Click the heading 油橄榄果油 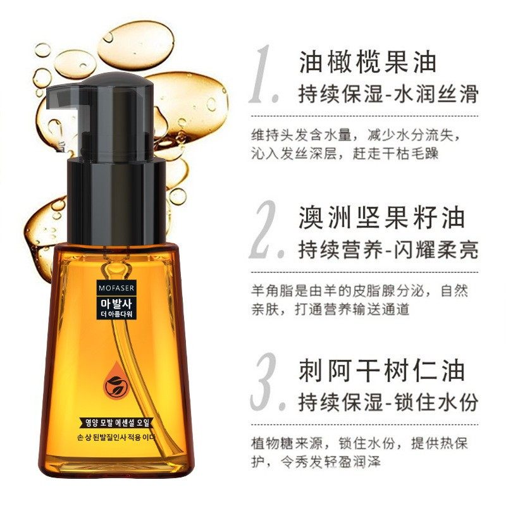pos(367,62)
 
